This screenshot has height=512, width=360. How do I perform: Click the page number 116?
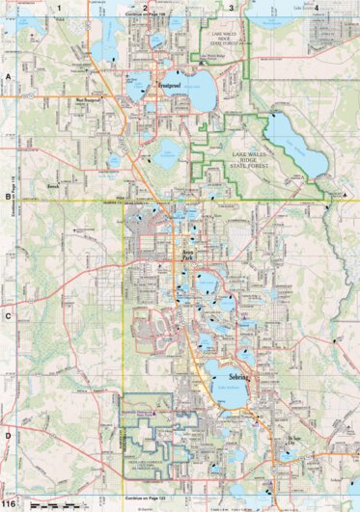(9, 504)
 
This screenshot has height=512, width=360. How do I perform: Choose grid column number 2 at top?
(145, 8)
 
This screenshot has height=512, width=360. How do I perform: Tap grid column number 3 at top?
(231, 8)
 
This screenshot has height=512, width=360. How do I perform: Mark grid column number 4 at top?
(316, 8)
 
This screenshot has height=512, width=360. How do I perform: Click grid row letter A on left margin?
(8, 75)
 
